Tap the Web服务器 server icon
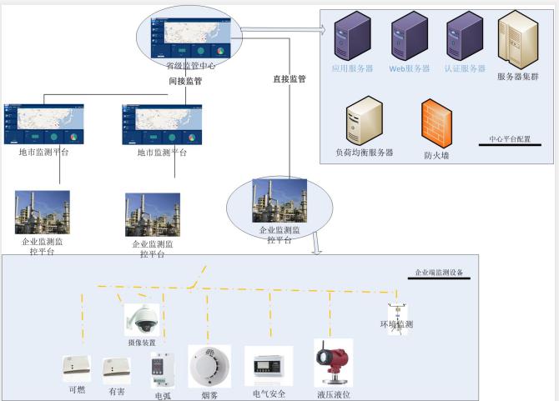(x=409, y=38)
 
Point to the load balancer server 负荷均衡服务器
(x=364, y=119)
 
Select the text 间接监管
(x=184, y=82)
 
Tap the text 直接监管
(x=290, y=79)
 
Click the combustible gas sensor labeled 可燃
(x=77, y=367)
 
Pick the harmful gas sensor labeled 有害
(x=116, y=368)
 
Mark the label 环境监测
(x=396, y=324)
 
